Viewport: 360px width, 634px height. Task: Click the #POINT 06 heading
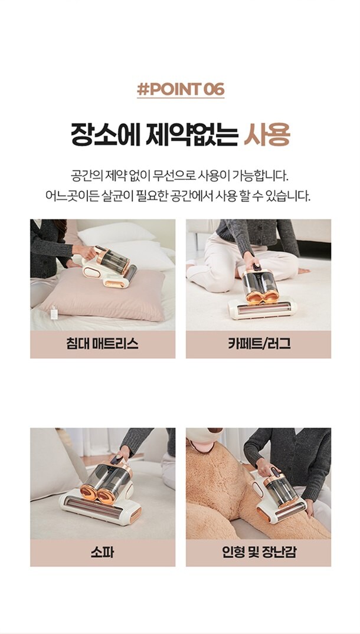click(x=181, y=90)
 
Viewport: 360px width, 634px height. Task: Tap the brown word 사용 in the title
click(x=267, y=135)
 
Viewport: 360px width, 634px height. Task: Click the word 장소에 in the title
click(x=106, y=135)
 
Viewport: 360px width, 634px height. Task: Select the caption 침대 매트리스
click(x=102, y=344)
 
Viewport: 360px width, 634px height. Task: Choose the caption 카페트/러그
click(x=259, y=344)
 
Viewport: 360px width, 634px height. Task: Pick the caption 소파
click(x=102, y=553)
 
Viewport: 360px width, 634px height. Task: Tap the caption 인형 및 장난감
click(x=259, y=553)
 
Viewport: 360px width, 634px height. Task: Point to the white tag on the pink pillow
click(x=54, y=313)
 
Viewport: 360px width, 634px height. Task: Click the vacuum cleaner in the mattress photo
click(x=109, y=267)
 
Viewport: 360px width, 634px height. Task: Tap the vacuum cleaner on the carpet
click(x=262, y=293)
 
